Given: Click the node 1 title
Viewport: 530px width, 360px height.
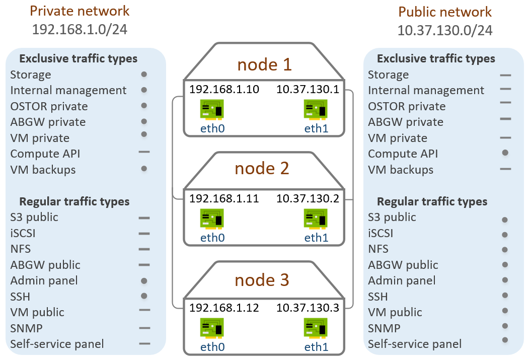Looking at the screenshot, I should [264, 65].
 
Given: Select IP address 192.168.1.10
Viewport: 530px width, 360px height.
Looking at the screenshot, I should [224, 90].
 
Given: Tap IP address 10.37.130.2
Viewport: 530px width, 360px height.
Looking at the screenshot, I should [308, 198].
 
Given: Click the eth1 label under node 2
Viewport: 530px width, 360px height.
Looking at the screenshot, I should [317, 237].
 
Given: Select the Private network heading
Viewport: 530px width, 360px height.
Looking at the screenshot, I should [80, 11].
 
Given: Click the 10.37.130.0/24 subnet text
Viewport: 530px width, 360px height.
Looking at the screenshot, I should [444, 30].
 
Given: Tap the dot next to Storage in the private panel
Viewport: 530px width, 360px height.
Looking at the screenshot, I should [144, 75].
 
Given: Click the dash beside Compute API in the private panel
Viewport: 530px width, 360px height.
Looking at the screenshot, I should [144, 152].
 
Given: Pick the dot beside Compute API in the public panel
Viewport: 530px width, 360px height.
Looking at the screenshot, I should [505, 153].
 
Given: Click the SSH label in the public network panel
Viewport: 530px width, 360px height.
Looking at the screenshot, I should [378, 297].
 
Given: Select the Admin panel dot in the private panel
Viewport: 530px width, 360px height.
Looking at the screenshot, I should [144, 281].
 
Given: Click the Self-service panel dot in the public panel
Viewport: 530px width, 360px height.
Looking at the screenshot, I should [505, 339].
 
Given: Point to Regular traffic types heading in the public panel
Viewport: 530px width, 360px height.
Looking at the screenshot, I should [432, 201].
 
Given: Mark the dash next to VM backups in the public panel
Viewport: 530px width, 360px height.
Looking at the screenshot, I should [505, 169].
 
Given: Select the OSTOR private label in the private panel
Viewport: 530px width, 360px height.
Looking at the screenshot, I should [49, 106].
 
